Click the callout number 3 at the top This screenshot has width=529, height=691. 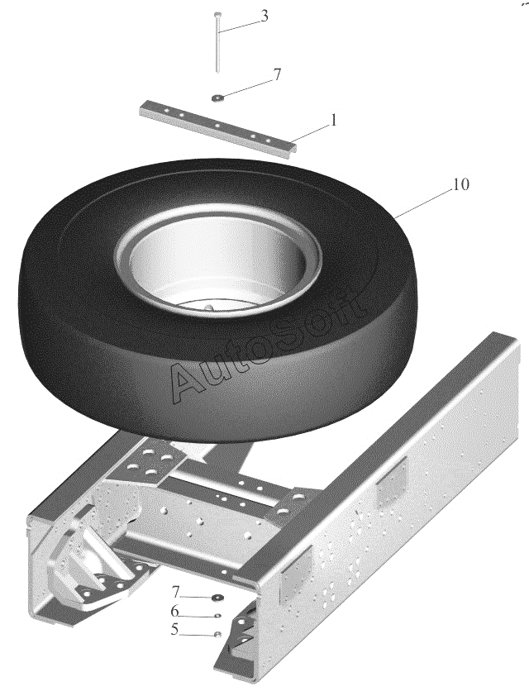pyautogui.click(x=264, y=17)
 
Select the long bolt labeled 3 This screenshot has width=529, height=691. pyautogui.click(x=217, y=42)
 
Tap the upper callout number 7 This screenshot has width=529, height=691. pyautogui.click(x=277, y=74)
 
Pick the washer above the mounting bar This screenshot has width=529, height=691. pyautogui.click(x=217, y=98)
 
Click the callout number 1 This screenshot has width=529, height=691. pyautogui.click(x=334, y=119)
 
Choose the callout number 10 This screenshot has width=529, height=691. pyautogui.click(x=460, y=184)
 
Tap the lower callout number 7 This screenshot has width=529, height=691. pyautogui.click(x=175, y=592)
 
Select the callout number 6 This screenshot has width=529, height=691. pyautogui.click(x=174, y=611)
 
